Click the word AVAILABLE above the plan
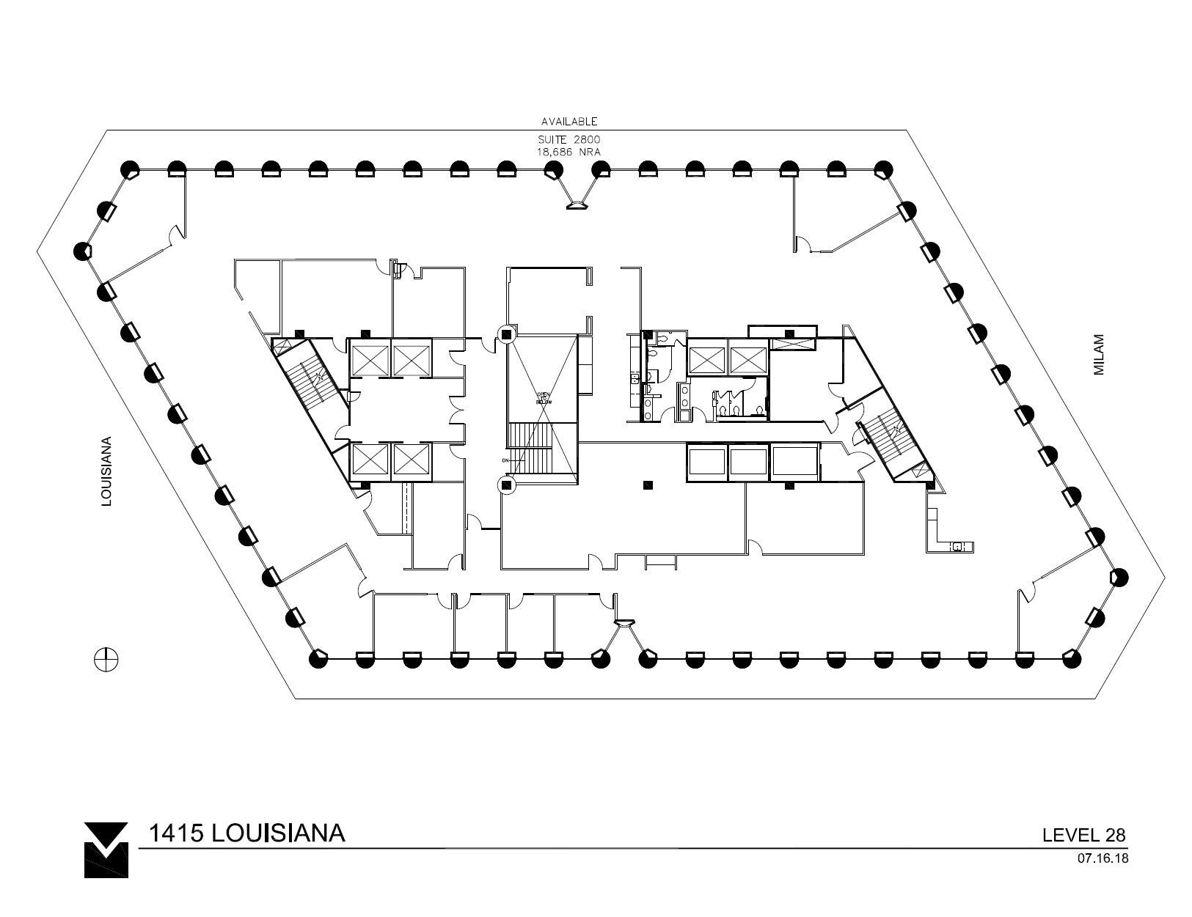569,122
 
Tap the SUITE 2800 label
569,139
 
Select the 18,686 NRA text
569,152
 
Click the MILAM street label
1099,356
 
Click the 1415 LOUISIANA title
246,833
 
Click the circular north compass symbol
106,659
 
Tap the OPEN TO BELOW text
543,398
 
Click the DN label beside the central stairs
505,460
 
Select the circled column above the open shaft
506,334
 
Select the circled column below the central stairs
506,484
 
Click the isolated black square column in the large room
647,485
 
